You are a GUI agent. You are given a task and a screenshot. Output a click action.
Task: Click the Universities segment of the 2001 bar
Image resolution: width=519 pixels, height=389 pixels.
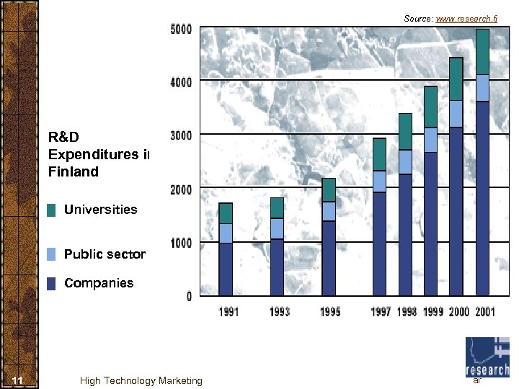(x=482, y=52)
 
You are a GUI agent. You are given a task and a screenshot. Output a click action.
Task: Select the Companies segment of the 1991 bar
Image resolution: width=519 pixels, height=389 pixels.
(x=226, y=269)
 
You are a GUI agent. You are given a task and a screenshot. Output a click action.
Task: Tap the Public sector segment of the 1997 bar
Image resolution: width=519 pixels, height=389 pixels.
(x=379, y=182)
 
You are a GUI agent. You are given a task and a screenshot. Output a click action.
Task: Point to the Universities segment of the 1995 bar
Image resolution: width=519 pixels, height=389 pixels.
(x=329, y=190)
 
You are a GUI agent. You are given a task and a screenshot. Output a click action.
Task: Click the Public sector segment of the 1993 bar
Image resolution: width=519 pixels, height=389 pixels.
(x=277, y=228)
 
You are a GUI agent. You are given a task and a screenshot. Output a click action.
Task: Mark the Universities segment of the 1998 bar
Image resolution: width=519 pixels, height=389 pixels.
(x=405, y=132)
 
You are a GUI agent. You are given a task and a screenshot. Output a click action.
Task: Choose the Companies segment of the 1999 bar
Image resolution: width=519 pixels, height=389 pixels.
(x=430, y=223)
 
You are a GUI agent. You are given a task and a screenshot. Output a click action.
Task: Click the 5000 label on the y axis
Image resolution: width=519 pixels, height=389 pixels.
(x=181, y=30)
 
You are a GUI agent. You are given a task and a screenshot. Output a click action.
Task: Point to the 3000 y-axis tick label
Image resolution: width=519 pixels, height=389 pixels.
(x=181, y=135)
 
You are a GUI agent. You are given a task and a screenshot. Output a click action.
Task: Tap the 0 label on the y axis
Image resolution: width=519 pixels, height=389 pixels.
(x=189, y=296)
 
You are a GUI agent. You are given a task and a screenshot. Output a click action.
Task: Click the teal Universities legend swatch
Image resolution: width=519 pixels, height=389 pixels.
(x=51, y=210)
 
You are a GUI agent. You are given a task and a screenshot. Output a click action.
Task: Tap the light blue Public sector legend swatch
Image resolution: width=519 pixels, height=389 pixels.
(x=51, y=254)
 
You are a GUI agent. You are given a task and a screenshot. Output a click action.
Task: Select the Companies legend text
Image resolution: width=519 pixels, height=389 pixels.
(x=99, y=283)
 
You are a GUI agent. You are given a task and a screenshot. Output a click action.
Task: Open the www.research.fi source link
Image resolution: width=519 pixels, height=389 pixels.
(x=466, y=18)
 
